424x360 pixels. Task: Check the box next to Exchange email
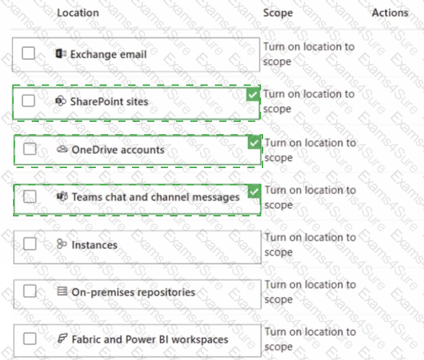(x=28, y=53)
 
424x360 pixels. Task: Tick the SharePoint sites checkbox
(x=28, y=100)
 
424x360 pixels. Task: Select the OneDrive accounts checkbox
(x=30, y=149)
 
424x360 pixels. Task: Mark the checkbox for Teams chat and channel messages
(x=30, y=196)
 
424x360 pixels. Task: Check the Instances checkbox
(x=30, y=244)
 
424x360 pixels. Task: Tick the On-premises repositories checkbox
(x=30, y=291)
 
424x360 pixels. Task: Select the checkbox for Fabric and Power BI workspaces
(x=30, y=338)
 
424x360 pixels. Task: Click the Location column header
(x=78, y=13)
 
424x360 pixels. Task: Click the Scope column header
(x=278, y=13)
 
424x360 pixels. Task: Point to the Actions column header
(x=390, y=13)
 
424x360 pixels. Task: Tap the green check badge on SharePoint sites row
(x=253, y=95)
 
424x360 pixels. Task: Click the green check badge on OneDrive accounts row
(x=254, y=142)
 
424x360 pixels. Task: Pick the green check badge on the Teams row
(x=254, y=191)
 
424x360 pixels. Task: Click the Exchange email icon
(x=61, y=53)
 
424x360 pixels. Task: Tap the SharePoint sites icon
(x=61, y=101)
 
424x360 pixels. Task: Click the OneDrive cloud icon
(x=62, y=149)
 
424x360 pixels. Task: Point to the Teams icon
(x=62, y=196)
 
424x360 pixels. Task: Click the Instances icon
(x=62, y=244)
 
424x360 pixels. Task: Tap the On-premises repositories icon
(x=62, y=291)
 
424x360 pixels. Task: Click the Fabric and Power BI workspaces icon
(x=63, y=338)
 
